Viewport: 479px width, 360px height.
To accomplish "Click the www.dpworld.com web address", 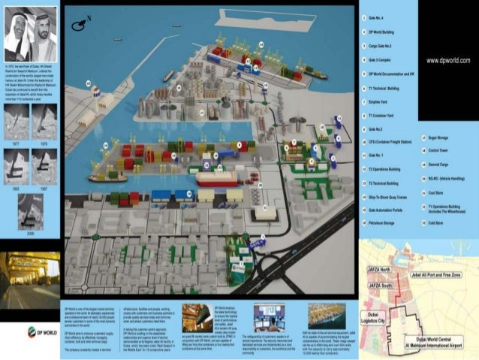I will [x=447, y=59].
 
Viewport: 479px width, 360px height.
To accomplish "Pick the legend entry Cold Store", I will [x=435, y=223].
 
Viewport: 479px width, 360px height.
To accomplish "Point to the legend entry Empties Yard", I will [x=381, y=102].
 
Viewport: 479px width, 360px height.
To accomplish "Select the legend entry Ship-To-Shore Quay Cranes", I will [x=388, y=197].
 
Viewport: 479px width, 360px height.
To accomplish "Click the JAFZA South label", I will [x=379, y=286].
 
